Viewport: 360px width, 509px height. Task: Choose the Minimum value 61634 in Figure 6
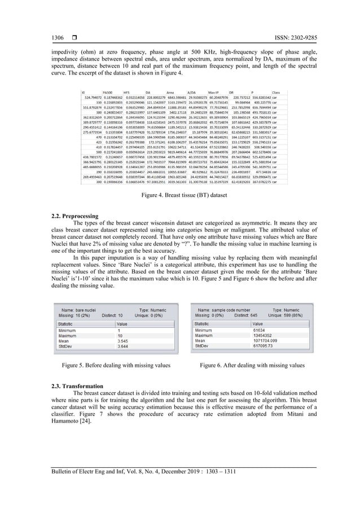pos(259,330)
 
